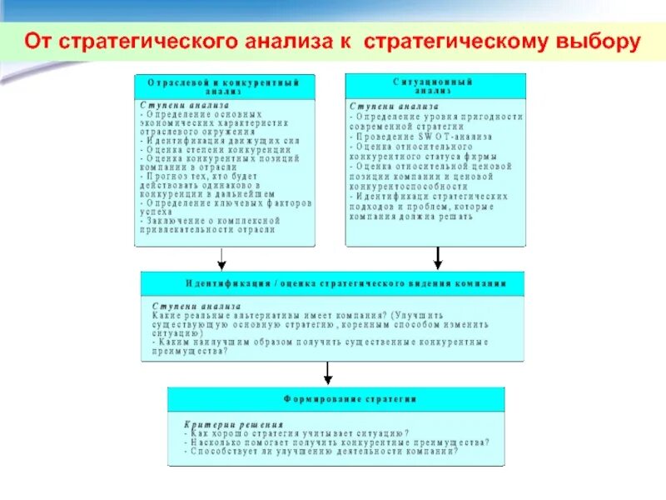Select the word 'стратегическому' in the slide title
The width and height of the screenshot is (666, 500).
pyautogui.click(x=450, y=42)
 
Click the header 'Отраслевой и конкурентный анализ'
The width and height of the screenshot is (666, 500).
pyautogui.click(x=225, y=87)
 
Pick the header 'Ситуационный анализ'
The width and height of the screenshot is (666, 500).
pyautogui.click(x=435, y=87)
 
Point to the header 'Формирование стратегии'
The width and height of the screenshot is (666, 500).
pyautogui.click(x=335, y=399)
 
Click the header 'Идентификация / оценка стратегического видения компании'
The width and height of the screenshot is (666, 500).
pyautogui.click(x=333, y=283)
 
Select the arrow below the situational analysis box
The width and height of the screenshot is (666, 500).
pyautogui.click(x=437, y=258)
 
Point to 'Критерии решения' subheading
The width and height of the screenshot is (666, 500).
pyautogui.click(x=217, y=424)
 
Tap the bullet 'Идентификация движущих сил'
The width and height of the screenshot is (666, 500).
pyautogui.click(x=221, y=141)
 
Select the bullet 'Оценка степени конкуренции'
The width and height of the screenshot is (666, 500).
pyautogui.click(x=213, y=149)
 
